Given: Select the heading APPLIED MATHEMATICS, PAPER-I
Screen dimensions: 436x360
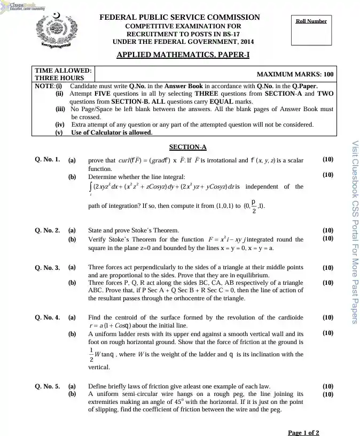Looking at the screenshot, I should [x=183, y=54].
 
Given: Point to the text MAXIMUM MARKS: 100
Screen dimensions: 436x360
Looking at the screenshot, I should [x=295, y=74].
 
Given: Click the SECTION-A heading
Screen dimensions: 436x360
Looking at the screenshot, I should [x=187, y=147].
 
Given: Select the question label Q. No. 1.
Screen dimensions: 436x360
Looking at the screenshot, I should [x=48, y=159].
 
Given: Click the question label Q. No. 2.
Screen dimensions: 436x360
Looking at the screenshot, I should [x=48, y=230].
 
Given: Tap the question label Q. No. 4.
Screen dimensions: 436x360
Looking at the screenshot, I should [x=48, y=317].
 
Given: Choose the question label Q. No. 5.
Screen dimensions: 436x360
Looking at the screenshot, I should [x=48, y=386].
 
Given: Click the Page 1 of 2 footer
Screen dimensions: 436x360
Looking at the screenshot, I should [x=303, y=432].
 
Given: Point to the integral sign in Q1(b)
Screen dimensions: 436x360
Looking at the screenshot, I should [x=90, y=187].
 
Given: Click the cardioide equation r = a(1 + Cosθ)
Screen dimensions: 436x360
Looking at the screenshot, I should [x=118, y=325].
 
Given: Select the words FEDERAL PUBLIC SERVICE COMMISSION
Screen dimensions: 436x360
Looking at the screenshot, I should [x=180, y=18].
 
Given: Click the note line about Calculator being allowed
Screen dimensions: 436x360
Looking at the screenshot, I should [x=112, y=133].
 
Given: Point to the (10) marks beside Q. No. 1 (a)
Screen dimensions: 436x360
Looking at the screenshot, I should [x=328, y=159].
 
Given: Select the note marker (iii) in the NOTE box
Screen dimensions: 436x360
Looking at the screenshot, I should [x=60, y=109].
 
